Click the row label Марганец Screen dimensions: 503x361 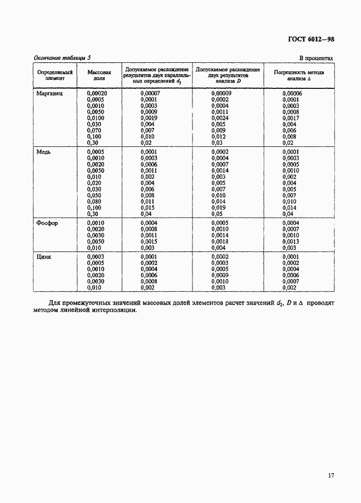click(x=49, y=93)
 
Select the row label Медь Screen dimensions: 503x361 click(x=44, y=152)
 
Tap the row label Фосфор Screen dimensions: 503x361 click(x=47, y=223)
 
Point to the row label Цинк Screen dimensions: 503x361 click(x=44, y=257)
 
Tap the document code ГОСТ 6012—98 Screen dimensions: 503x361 click(x=310, y=39)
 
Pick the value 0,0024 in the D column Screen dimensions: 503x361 click(x=220, y=118)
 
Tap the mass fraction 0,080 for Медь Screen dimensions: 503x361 click(x=94, y=202)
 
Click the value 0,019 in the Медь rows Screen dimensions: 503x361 click(x=219, y=208)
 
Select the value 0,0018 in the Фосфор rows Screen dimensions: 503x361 click(x=220, y=242)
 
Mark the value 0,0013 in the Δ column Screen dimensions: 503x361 click(x=291, y=242)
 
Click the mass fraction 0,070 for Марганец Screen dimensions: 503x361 click(x=94, y=130)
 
